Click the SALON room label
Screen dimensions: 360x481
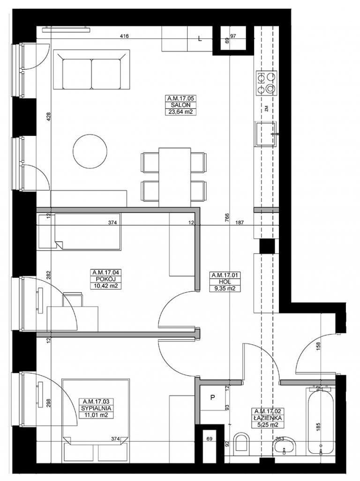pyautogui.click(x=181, y=105)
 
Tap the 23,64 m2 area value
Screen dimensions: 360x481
pyautogui.click(x=181, y=112)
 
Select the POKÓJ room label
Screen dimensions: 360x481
pyautogui.click(x=105, y=279)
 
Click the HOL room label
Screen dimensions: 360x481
pyautogui.click(x=225, y=282)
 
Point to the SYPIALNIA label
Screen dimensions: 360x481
pyautogui.click(x=96, y=408)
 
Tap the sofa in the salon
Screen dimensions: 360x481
pyautogui.click(x=91, y=70)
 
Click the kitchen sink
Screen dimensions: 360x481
pyautogui.click(x=266, y=134)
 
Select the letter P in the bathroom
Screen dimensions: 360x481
pyautogui.click(x=212, y=398)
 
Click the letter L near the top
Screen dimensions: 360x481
pyautogui.click(x=200, y=39)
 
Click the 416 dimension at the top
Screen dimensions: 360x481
pyautogui.click(x=124, y=36)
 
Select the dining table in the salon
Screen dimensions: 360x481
pyautogui.click(x=175, y=177)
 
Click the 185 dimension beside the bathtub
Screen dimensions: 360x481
pyautogui.click(x=318, y=427)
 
